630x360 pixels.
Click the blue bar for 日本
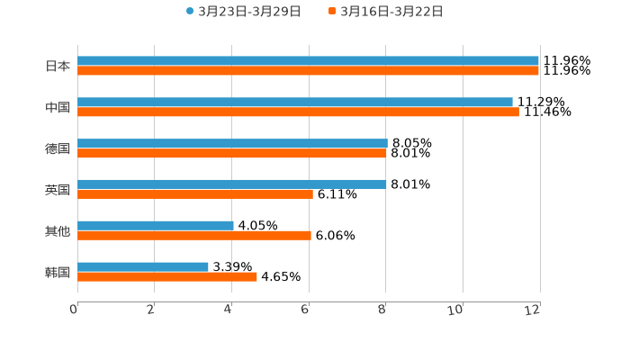(x=308, y=61)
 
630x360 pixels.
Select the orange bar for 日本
(x=308, y=71)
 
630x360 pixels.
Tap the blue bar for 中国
(x=295, y=103)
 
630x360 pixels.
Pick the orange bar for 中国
(x=298, y=112)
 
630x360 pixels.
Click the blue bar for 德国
(x=232, y=143)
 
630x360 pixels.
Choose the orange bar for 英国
(x=195, y=194)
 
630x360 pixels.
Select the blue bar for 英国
(x=232, y=184)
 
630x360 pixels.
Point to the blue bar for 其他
(x=156, y=226)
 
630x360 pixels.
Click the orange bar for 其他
(x=194, y=236)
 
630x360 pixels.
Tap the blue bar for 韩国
(x=143, y=266)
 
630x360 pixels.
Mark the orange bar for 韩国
(x=167, y=277)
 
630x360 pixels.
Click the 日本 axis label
(x=58, y=67)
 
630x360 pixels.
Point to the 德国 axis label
(x=58, y=148)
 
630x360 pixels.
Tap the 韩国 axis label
(x=58, y=272)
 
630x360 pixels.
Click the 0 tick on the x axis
(x=75, y=310)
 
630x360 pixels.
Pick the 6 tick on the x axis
(x=306, y=310)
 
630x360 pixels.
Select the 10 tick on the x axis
(x=458, y=310)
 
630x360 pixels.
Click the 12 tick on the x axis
(x=534, y=310)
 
